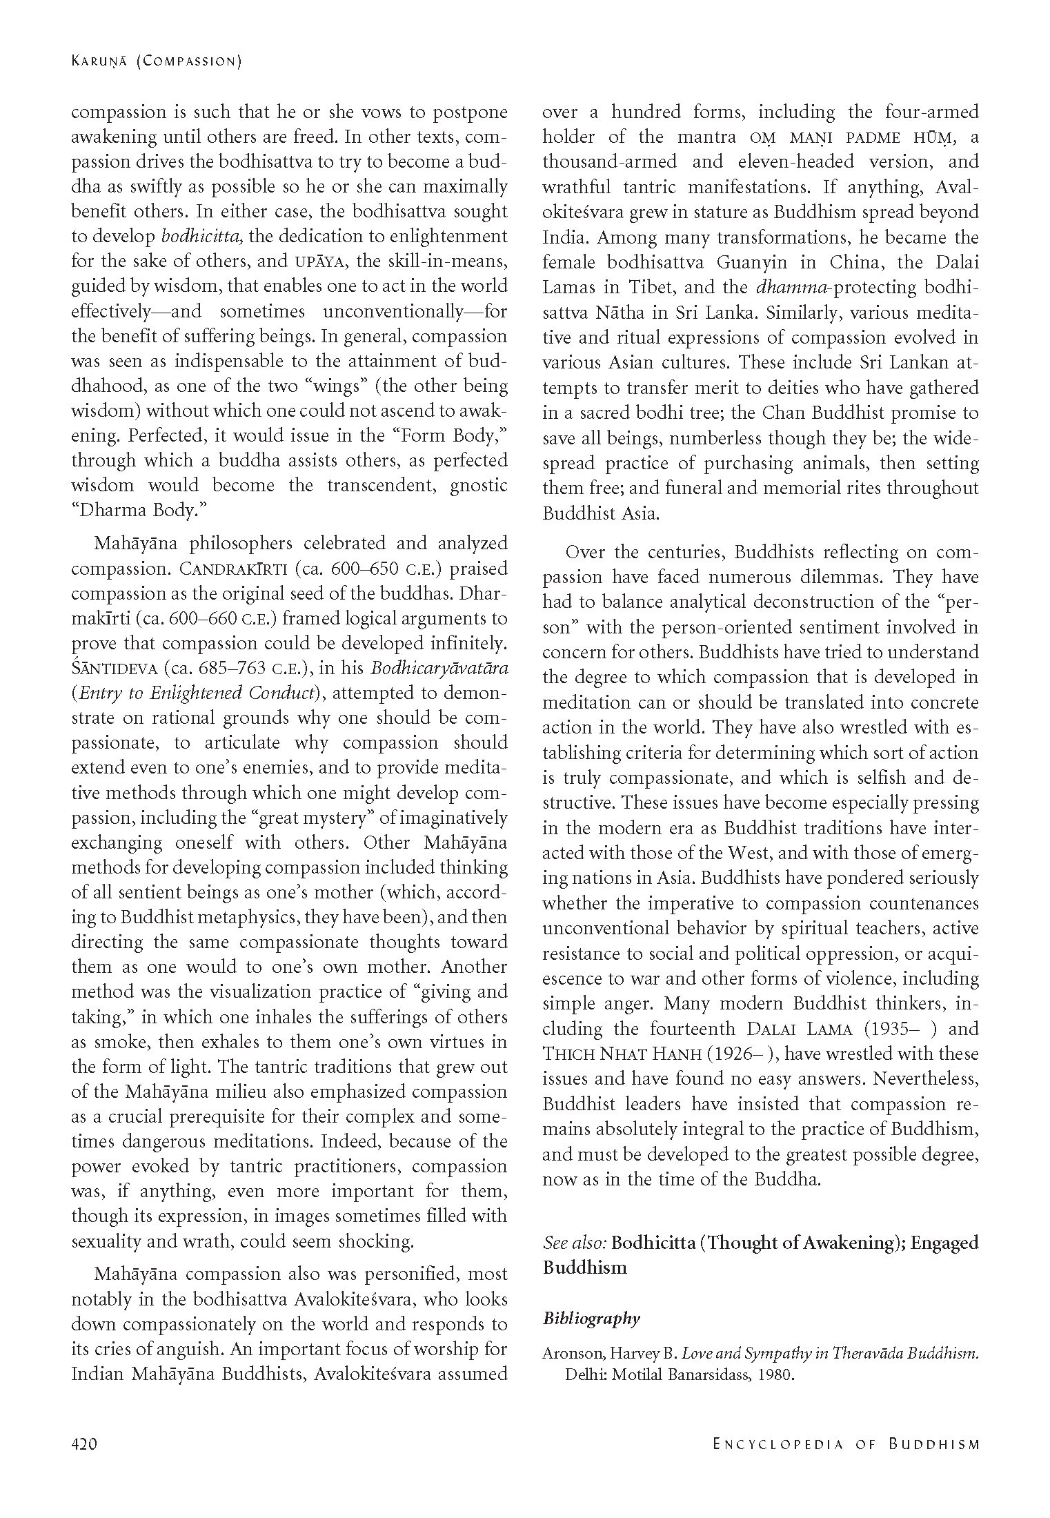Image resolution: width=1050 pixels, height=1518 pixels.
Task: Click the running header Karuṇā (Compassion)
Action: click(157, 62)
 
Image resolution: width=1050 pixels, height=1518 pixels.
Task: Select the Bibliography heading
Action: click(591, 1319)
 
